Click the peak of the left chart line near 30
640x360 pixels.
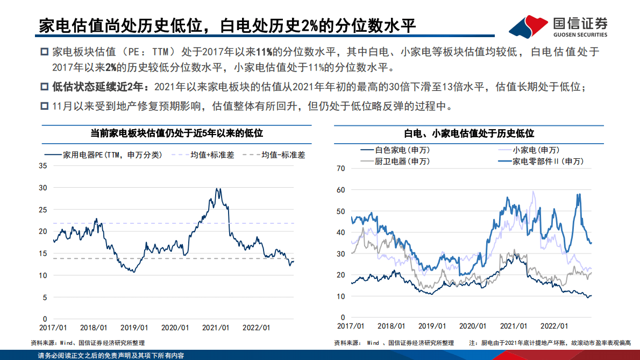coord(217,189)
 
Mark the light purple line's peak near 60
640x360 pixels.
coord(533,192)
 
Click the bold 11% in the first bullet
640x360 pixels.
coord(264,52)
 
